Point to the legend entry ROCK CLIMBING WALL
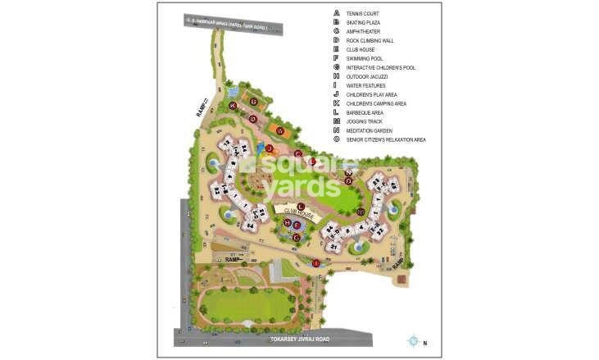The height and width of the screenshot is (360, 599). [x=371, y=40]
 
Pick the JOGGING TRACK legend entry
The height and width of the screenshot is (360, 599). [x=365, y=121]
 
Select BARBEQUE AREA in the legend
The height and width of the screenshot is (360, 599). [x=365, y=112]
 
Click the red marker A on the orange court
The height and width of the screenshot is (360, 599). [x=279, y=130]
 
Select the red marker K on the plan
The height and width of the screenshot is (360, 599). [x=234, y=105]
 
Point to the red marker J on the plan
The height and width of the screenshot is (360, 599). [x=268, y=148]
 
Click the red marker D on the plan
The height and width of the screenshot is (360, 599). [x=253, y=119]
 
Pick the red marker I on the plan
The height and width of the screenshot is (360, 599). [x=315, y=262]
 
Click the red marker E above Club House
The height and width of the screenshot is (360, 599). [x=301, y=205]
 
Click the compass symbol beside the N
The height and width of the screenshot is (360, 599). [x=414, y=339]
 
